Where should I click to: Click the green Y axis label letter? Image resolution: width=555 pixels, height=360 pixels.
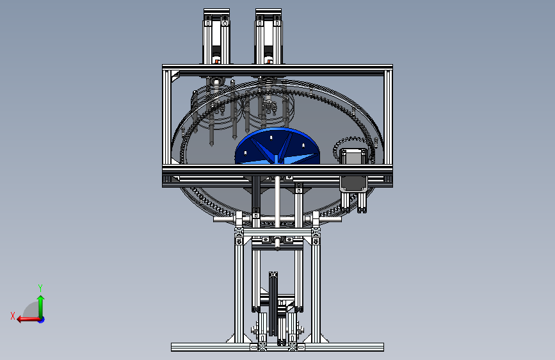click(40, 288)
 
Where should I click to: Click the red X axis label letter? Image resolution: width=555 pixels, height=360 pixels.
click(13, 316)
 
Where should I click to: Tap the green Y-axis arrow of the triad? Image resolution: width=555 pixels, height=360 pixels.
click(41, 306)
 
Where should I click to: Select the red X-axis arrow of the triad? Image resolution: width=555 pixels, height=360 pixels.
click(28, 320)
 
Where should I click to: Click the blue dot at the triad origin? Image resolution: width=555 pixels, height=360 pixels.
click(42, 320)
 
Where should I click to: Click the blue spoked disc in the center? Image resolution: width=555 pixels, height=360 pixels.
click(277, 146)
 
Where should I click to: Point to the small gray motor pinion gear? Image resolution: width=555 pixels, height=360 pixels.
click(350, 149)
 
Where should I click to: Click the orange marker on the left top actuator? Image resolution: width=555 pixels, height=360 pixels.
click(216, 62)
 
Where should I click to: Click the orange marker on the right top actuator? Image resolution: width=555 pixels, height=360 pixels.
click(268, 62)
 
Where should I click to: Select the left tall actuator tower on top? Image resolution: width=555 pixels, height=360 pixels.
click(216, 37)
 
